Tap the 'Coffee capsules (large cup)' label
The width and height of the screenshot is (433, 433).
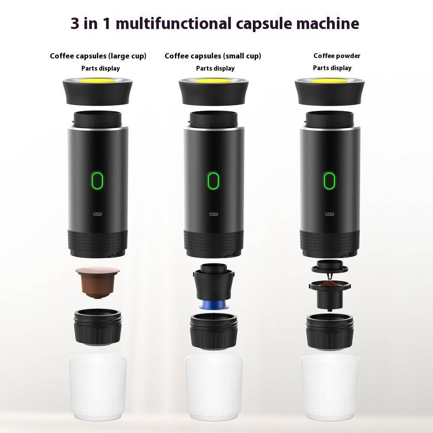point(98,56)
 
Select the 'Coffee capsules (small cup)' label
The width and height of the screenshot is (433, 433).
point(213,56)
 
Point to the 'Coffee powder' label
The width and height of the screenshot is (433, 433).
point(337,56)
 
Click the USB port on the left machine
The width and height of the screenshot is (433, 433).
point(97,213)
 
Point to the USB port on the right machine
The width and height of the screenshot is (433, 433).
point(330,213)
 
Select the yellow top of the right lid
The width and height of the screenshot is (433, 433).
point(330,81)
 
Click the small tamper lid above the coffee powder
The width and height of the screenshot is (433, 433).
point(329,265)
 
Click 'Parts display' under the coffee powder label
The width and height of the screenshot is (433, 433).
point(332,68)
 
